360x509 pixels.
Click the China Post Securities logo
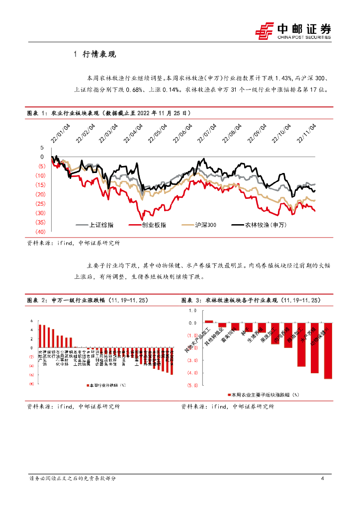[x=293, y=30]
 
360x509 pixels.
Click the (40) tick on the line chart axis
[x=40, y=232]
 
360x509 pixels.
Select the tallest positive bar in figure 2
[x=41, y=336]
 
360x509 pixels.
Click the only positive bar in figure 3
[x=209, y=322]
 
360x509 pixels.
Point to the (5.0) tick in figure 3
[x=193, y=385]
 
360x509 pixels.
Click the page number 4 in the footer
[x=323, y=479]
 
